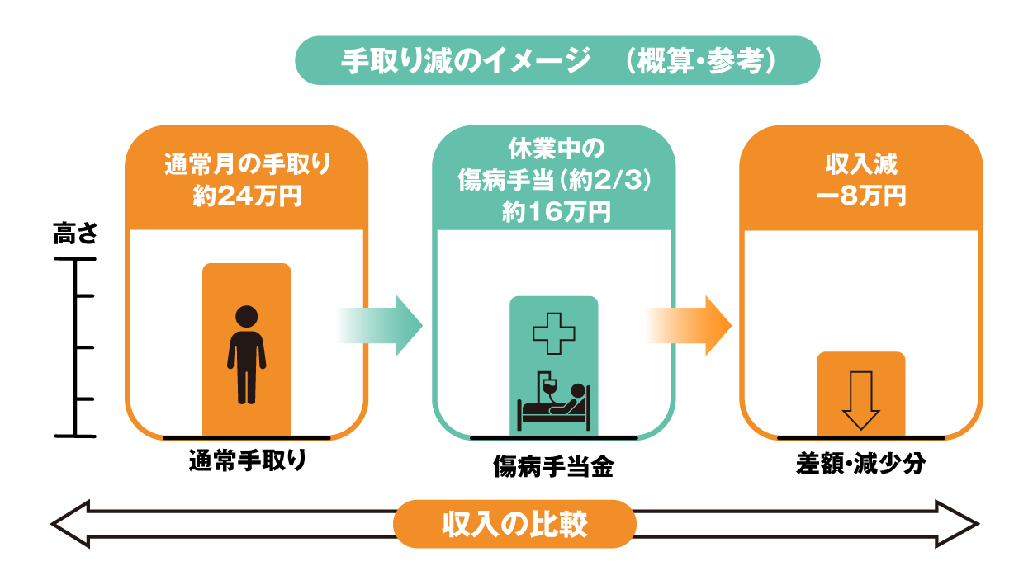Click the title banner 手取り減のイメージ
pyautogui.click(x=557, y=60)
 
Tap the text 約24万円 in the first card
pyautogui.click(x=247, y=196)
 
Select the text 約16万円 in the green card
pyautogui.click(x=557, y=212)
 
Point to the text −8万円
pyautogui.click(x=861, y=196)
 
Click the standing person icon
pyautogui.click(x=246, y=355)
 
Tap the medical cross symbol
pyautogui.click(x=553, y=333)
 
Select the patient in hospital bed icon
pyautogui.click(x=553, y=401)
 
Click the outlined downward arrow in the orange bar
pyautogui.click(x=860, y=400)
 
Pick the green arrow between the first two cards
pyautogui.click(x=380, y=326)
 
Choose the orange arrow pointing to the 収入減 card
pyautogui.click(x=689, y=326)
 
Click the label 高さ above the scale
pyautogui.click(x=75, y=233)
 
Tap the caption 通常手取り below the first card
pyautogui.click(x=248, y=460)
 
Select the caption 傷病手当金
pyautogui.click(x=553, y=465)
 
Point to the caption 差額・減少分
pyautogui.click(x=860, y=463)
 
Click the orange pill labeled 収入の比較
pyautogui.click(x=514, y=524)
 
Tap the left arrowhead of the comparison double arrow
pyautogui.click(x=70, y=524)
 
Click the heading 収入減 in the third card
pyautogui.click(x=861, y=164)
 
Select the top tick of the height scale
pyautogui.click(x=75, y=259)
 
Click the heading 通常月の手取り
pyautogui.click(x=248, y=164)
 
